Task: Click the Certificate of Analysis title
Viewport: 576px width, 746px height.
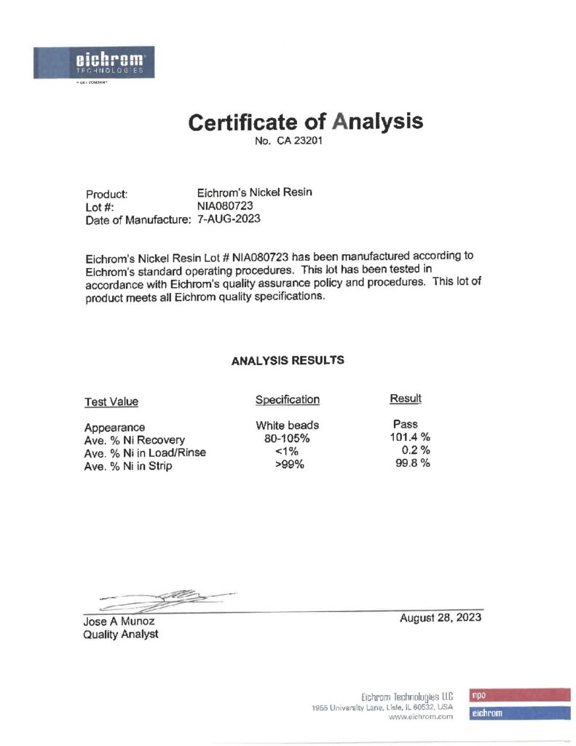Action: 305,121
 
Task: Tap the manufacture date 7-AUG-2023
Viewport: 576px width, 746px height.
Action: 229,219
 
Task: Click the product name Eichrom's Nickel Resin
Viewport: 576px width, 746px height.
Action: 254,193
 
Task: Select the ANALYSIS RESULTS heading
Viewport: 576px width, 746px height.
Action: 288,361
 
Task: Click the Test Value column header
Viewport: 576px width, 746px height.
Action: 111,401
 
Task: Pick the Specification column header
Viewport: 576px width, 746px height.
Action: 287,399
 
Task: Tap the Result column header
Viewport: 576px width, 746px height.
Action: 406,398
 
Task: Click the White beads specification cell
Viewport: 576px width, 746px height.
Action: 287,425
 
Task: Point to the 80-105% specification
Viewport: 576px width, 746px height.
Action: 287,439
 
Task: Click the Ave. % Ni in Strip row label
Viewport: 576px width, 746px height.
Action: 128,466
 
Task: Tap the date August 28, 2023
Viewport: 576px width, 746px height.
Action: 440,619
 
